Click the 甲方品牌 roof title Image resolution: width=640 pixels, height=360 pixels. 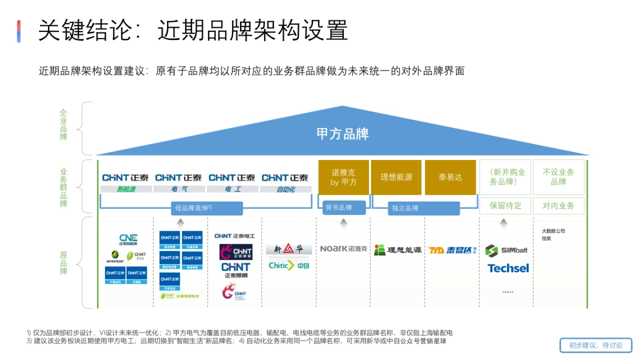[342, 134]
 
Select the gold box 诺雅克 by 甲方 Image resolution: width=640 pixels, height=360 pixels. [343, 178]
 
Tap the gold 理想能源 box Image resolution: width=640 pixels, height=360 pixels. [396, 178]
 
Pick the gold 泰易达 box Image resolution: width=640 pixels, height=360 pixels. [450, 178]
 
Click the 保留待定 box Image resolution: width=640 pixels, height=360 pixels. [505, 206]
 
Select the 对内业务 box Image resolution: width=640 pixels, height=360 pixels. [558, 206]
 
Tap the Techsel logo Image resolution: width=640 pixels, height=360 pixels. [508, 268]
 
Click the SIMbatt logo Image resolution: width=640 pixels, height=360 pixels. [507, 250]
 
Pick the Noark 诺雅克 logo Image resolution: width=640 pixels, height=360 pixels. [343, 249]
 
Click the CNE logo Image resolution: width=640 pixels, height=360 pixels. [128, 239]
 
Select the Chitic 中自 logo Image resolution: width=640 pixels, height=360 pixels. [289, 265]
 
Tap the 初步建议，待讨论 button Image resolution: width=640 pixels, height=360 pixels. [596, 345]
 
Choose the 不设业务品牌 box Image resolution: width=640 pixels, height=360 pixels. [558, 177]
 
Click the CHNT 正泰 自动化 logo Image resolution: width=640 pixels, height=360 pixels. [285, 182]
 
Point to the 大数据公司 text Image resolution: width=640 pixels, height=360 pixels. [553, 231]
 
